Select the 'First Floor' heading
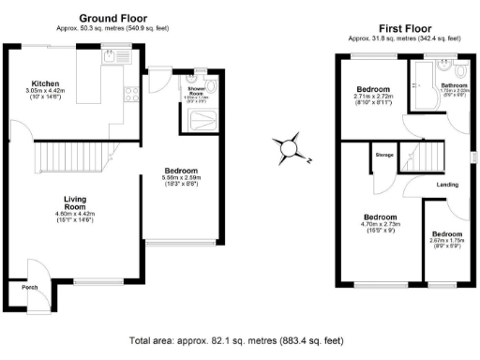pos(404,29)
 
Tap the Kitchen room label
pos(46,82)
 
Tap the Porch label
pos(30,287)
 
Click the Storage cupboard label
pos(384,155)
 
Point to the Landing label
pos(447,184)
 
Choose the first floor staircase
pos(426,157)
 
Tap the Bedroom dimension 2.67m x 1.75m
pos(446,240)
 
